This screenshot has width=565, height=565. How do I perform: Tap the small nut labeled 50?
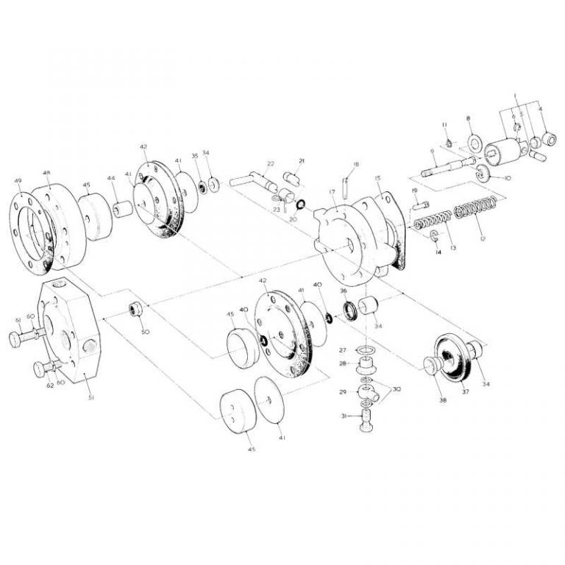click(136, 308)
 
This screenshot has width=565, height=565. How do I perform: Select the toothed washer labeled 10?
click(485, 174)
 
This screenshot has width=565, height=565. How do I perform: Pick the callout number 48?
click(46, 173)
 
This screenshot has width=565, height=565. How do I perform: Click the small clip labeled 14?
click(435, 236)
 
